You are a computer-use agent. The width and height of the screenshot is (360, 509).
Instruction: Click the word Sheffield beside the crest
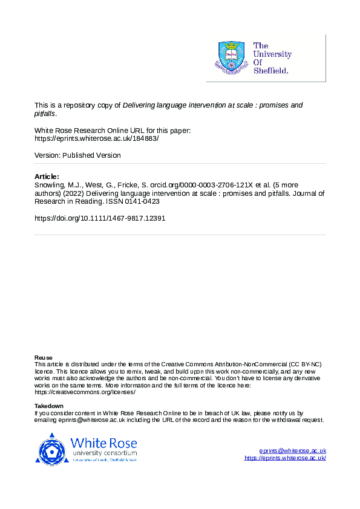point(272,70)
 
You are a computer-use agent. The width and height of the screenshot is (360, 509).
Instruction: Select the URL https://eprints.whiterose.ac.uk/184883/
point(96,138)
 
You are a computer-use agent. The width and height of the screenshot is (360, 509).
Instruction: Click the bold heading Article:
point(47,177)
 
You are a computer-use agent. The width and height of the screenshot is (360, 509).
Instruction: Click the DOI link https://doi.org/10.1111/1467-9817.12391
point(100,218)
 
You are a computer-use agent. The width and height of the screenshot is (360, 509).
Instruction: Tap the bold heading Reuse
point(43,357)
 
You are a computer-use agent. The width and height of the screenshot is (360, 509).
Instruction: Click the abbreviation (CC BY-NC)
point(306,364)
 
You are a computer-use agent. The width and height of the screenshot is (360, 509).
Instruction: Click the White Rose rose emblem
point(53,450)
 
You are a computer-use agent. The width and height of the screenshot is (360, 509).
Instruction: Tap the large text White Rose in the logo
point(103,443)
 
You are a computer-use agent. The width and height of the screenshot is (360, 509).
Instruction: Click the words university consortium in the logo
point(103,453)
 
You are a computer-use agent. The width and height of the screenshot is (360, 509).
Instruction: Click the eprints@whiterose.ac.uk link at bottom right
point(292,451)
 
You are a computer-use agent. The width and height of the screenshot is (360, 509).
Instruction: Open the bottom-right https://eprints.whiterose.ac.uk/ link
point(285,458)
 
